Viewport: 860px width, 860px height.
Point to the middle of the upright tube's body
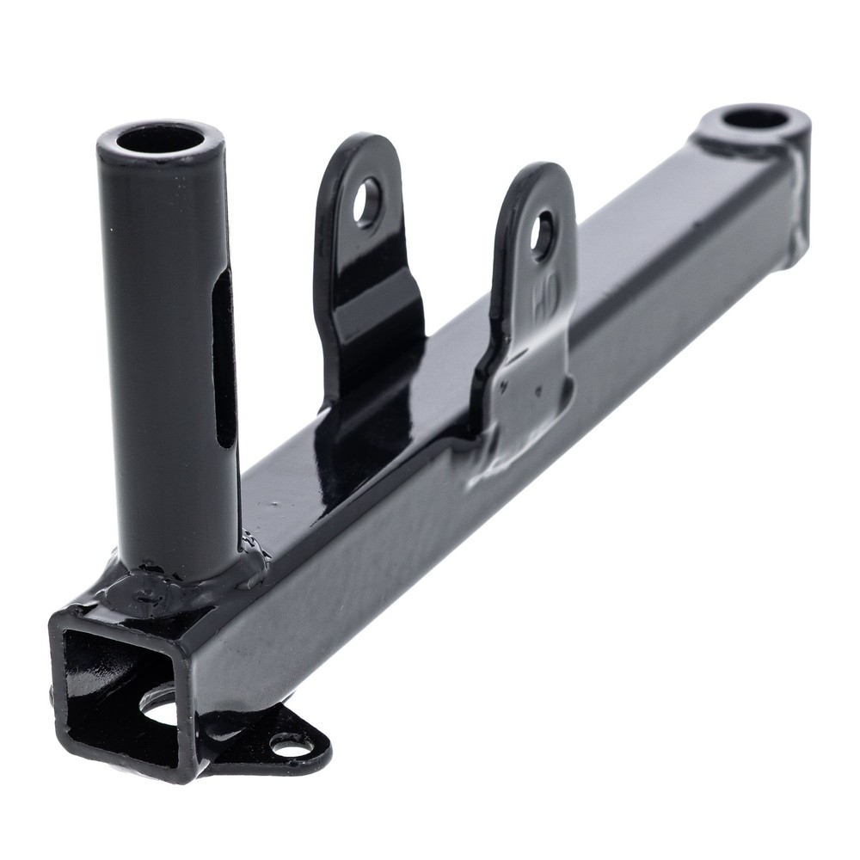168,361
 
